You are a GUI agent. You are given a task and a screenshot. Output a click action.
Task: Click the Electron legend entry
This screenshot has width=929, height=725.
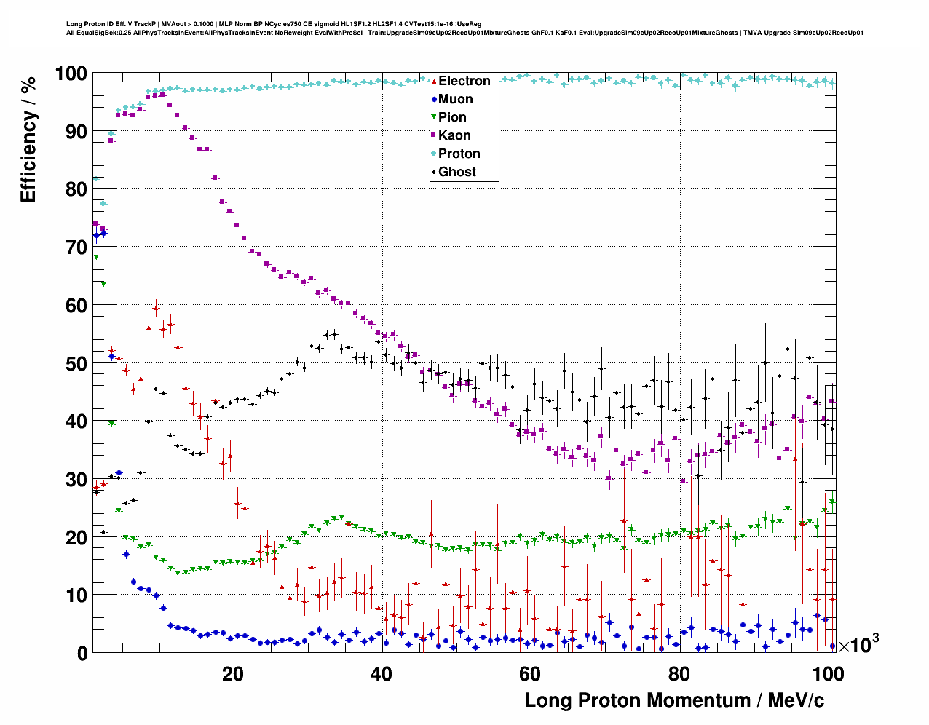click(x=464, y=81)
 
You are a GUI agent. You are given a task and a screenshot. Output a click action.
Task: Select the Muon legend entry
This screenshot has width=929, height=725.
click(x=455, y=99)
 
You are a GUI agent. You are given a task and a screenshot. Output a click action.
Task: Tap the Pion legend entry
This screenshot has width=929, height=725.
click(x=452, y=117)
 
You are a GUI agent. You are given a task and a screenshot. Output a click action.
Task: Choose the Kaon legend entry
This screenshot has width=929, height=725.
click(x=454, y=135)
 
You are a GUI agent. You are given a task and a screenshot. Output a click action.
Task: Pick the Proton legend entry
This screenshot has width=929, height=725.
click(x=459, y=154)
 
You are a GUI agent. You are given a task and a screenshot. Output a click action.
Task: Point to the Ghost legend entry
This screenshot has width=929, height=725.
click(x=456, y=172)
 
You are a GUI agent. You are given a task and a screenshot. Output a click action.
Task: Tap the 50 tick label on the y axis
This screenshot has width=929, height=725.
click(x=76, y=363)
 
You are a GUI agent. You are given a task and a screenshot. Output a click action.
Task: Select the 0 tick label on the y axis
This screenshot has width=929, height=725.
click(x=82, y=653)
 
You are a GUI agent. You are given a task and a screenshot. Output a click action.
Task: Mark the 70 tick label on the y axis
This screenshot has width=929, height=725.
click(x=76, y=247)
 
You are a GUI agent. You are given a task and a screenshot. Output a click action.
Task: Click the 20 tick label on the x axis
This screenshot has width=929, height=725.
click(x=233, y=674)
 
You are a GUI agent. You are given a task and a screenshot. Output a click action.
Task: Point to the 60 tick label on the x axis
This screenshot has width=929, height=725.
click(x=530, y=674)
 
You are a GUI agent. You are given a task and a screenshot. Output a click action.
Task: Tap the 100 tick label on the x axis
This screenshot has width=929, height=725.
click(x=828, y=674)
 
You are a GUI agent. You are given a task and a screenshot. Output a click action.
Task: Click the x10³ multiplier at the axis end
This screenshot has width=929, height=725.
click(x=858, y=644)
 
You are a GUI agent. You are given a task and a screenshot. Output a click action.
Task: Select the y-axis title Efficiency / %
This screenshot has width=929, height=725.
click(x=28, y=139)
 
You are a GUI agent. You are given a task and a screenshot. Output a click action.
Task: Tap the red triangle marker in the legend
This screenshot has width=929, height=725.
click(x=434, y=81)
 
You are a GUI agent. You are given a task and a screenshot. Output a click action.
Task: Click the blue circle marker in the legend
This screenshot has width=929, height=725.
click(x=434, y=99)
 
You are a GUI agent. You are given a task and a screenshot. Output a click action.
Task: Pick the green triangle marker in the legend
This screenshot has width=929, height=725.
click(x=434, y=117)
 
